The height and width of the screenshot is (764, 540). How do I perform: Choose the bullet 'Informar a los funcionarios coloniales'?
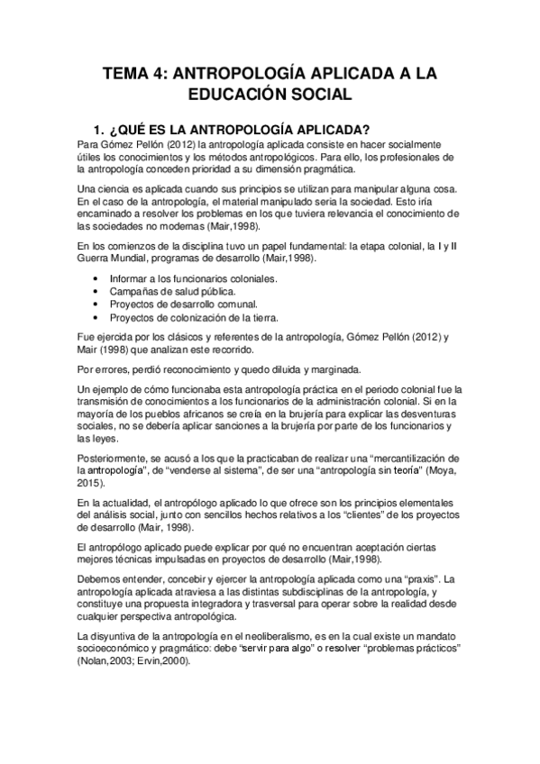click(194, 279)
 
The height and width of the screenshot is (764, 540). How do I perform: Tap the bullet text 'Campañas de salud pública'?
click(172, 292)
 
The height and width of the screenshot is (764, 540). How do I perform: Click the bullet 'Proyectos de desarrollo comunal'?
click(184, 305)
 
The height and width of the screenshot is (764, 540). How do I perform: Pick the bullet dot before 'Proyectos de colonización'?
click(96, 317)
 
